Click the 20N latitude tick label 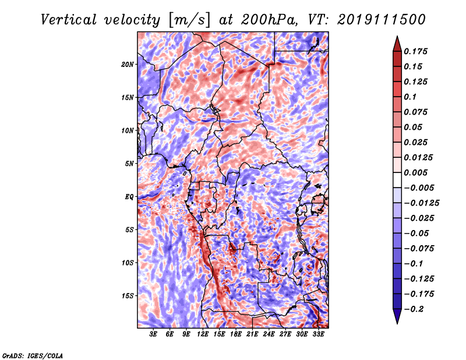128,65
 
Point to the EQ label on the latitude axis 129,197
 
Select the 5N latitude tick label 129,164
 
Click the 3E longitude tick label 153,334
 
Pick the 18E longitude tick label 236,334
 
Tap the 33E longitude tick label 318,334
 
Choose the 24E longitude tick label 269,334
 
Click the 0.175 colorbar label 415,51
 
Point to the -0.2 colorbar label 414,309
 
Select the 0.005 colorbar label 415,172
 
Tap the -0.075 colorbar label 419,249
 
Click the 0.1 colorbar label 410,97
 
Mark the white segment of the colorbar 397,180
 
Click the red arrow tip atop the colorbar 397,36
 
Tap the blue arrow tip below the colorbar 397,323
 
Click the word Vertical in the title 69,20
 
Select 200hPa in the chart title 269,20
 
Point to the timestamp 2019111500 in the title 382,20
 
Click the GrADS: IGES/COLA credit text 33,356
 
